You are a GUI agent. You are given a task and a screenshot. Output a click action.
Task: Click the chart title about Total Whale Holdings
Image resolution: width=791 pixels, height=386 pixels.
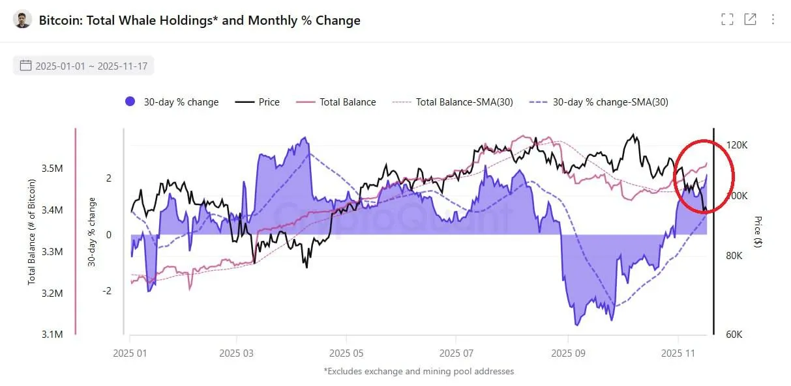[200, 20]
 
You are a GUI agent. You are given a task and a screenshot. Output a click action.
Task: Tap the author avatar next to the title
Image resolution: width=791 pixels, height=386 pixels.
[22, 20]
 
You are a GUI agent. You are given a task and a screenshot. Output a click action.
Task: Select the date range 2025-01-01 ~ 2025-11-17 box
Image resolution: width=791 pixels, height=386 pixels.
[83, 66]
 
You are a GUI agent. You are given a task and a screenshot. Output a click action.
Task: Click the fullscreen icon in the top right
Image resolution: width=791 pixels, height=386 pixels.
[727, 20]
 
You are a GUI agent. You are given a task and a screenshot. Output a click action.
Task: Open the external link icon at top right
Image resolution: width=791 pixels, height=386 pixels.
[751, 20]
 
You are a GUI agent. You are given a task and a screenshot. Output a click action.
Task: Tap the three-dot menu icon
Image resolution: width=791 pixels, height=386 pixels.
[773, 20]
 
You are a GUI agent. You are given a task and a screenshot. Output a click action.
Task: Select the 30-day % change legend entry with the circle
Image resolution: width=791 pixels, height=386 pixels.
[172, 102]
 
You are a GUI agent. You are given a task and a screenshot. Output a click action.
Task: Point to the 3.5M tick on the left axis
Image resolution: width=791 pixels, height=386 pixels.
[52, 169]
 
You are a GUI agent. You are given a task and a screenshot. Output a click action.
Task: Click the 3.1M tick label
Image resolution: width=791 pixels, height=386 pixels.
[52, 335]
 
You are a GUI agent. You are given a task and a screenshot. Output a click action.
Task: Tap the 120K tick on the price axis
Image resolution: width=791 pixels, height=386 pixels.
[737, 145]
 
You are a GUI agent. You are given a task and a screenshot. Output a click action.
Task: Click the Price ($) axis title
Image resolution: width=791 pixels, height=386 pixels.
[758, 232]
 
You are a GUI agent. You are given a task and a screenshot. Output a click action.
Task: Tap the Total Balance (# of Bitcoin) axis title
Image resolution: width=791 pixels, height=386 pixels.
[31, 232]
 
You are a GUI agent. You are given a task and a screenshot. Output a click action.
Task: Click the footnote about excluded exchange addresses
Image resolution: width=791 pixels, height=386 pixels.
[419, 372]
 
